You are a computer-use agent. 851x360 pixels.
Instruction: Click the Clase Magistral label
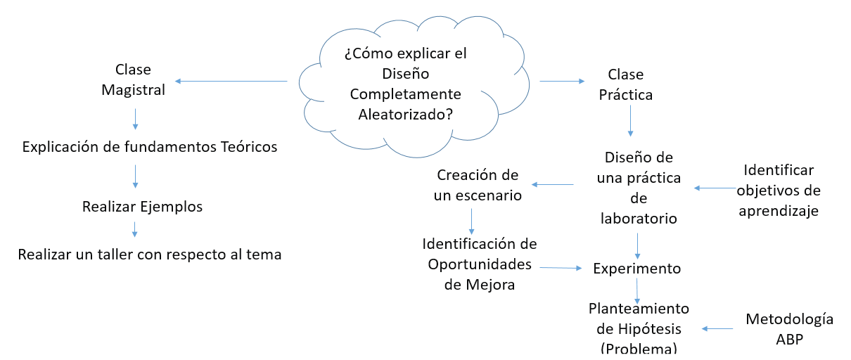tap(133, 80)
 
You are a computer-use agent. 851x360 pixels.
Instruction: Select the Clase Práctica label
tap(626, 84)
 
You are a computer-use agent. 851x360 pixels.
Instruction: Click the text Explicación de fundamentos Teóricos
tap(150, 147)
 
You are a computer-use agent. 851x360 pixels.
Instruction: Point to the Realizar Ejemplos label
tap(142, 207)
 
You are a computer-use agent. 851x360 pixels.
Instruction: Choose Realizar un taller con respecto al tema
tap(150, 255)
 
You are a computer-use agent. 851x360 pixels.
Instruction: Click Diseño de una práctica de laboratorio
tap(639, 188)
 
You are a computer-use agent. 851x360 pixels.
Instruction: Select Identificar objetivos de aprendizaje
tap(779, 191)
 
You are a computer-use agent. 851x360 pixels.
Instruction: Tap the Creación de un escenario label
tap(478, 185)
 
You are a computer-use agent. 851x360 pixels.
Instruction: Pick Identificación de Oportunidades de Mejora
tap(480, 264)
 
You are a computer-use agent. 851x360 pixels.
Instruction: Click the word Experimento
tap(637, 268)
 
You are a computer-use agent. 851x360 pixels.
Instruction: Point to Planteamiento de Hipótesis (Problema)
tap(639, 328)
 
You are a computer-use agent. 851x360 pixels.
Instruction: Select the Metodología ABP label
tap(789, 328)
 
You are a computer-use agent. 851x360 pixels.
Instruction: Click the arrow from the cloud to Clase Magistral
tap(231, 82)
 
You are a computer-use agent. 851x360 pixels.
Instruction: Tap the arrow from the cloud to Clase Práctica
tap(562, 82)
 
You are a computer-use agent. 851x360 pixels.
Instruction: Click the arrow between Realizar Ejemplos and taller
tap(135, 229)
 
